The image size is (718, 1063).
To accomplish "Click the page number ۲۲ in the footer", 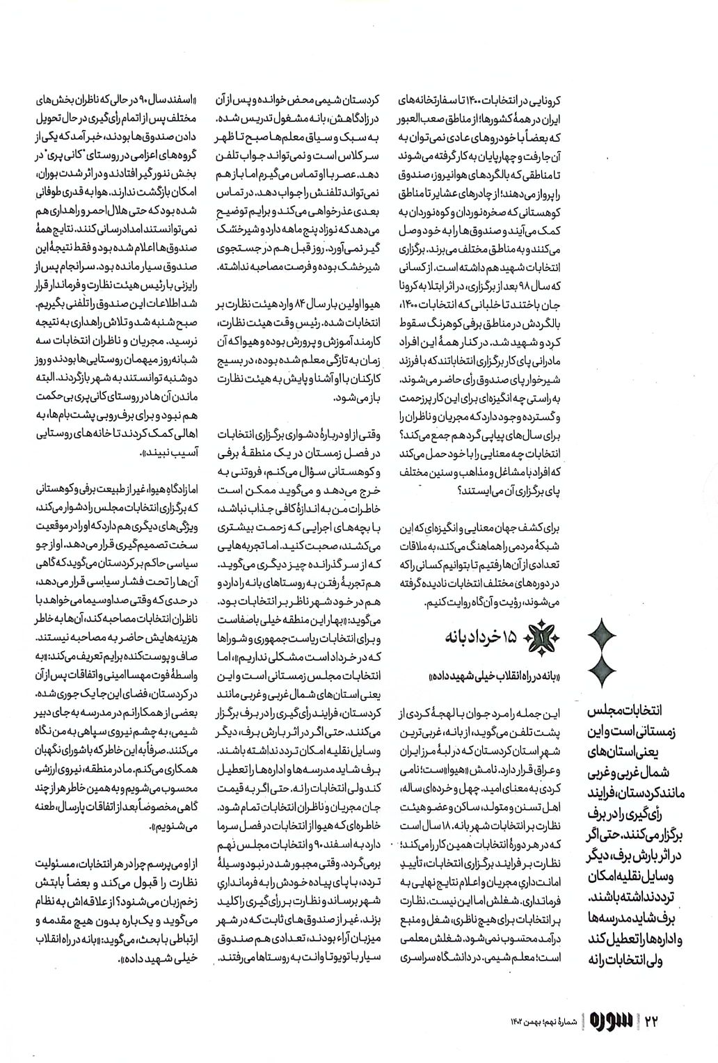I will [x=651, y=1021].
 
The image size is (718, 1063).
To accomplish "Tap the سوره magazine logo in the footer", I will [x=609, y=1021].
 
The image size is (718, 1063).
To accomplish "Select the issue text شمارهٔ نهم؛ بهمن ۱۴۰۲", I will [x=543, y=1021].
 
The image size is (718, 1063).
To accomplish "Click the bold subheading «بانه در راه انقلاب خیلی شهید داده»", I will [x=472, y=676].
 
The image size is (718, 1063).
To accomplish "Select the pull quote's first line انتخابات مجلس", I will [x=626, y=712].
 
